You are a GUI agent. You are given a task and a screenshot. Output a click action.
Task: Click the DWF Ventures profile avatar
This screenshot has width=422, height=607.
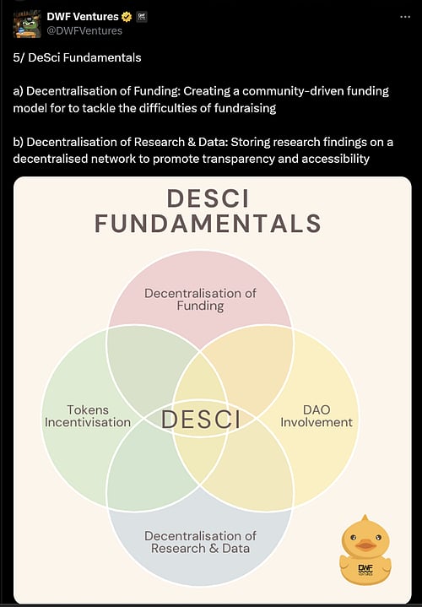pyautogui.click(x=27, y=23)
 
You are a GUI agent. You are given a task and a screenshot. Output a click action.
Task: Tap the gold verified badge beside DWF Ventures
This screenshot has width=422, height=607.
pyautogui.click(x=127, y=16)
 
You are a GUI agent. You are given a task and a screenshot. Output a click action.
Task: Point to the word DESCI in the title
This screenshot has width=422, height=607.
pyautogui.click(x=207, y=198)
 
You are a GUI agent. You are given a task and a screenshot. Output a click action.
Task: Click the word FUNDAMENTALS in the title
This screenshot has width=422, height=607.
pyautogui.click(x=208, y=223)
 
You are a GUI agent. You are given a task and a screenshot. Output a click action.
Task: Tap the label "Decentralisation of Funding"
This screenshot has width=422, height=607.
pyautogui.click(x=200, y=299)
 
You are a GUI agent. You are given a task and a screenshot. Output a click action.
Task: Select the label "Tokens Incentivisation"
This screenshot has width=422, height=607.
pyautogui.click(x=88, y=415)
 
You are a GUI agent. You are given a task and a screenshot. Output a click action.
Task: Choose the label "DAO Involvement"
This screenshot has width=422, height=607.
pyautogui.click(x=316, y=415)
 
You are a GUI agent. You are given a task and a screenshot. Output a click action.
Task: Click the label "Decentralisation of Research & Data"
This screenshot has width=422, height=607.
pyautogui.click(x=200, y=542)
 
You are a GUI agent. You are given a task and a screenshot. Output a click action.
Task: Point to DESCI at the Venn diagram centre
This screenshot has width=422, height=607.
pyautogui.click(x=200, y=419)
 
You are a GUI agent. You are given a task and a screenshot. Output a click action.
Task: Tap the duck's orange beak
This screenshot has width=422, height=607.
pyautogui.click(x=365, y=545)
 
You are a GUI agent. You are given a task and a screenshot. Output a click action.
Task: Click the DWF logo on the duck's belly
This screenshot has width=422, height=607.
pyautogui.click(x=365, y=569)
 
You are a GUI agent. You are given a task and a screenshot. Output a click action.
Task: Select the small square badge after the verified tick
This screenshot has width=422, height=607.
pyautogui.click(x=142, y=16)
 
